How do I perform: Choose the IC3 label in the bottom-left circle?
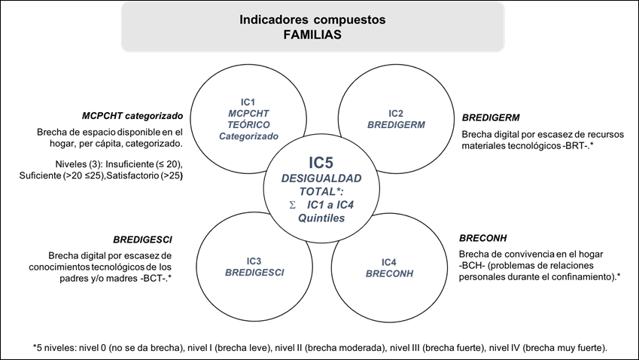point(254,261)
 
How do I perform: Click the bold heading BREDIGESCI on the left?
point(142,240)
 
